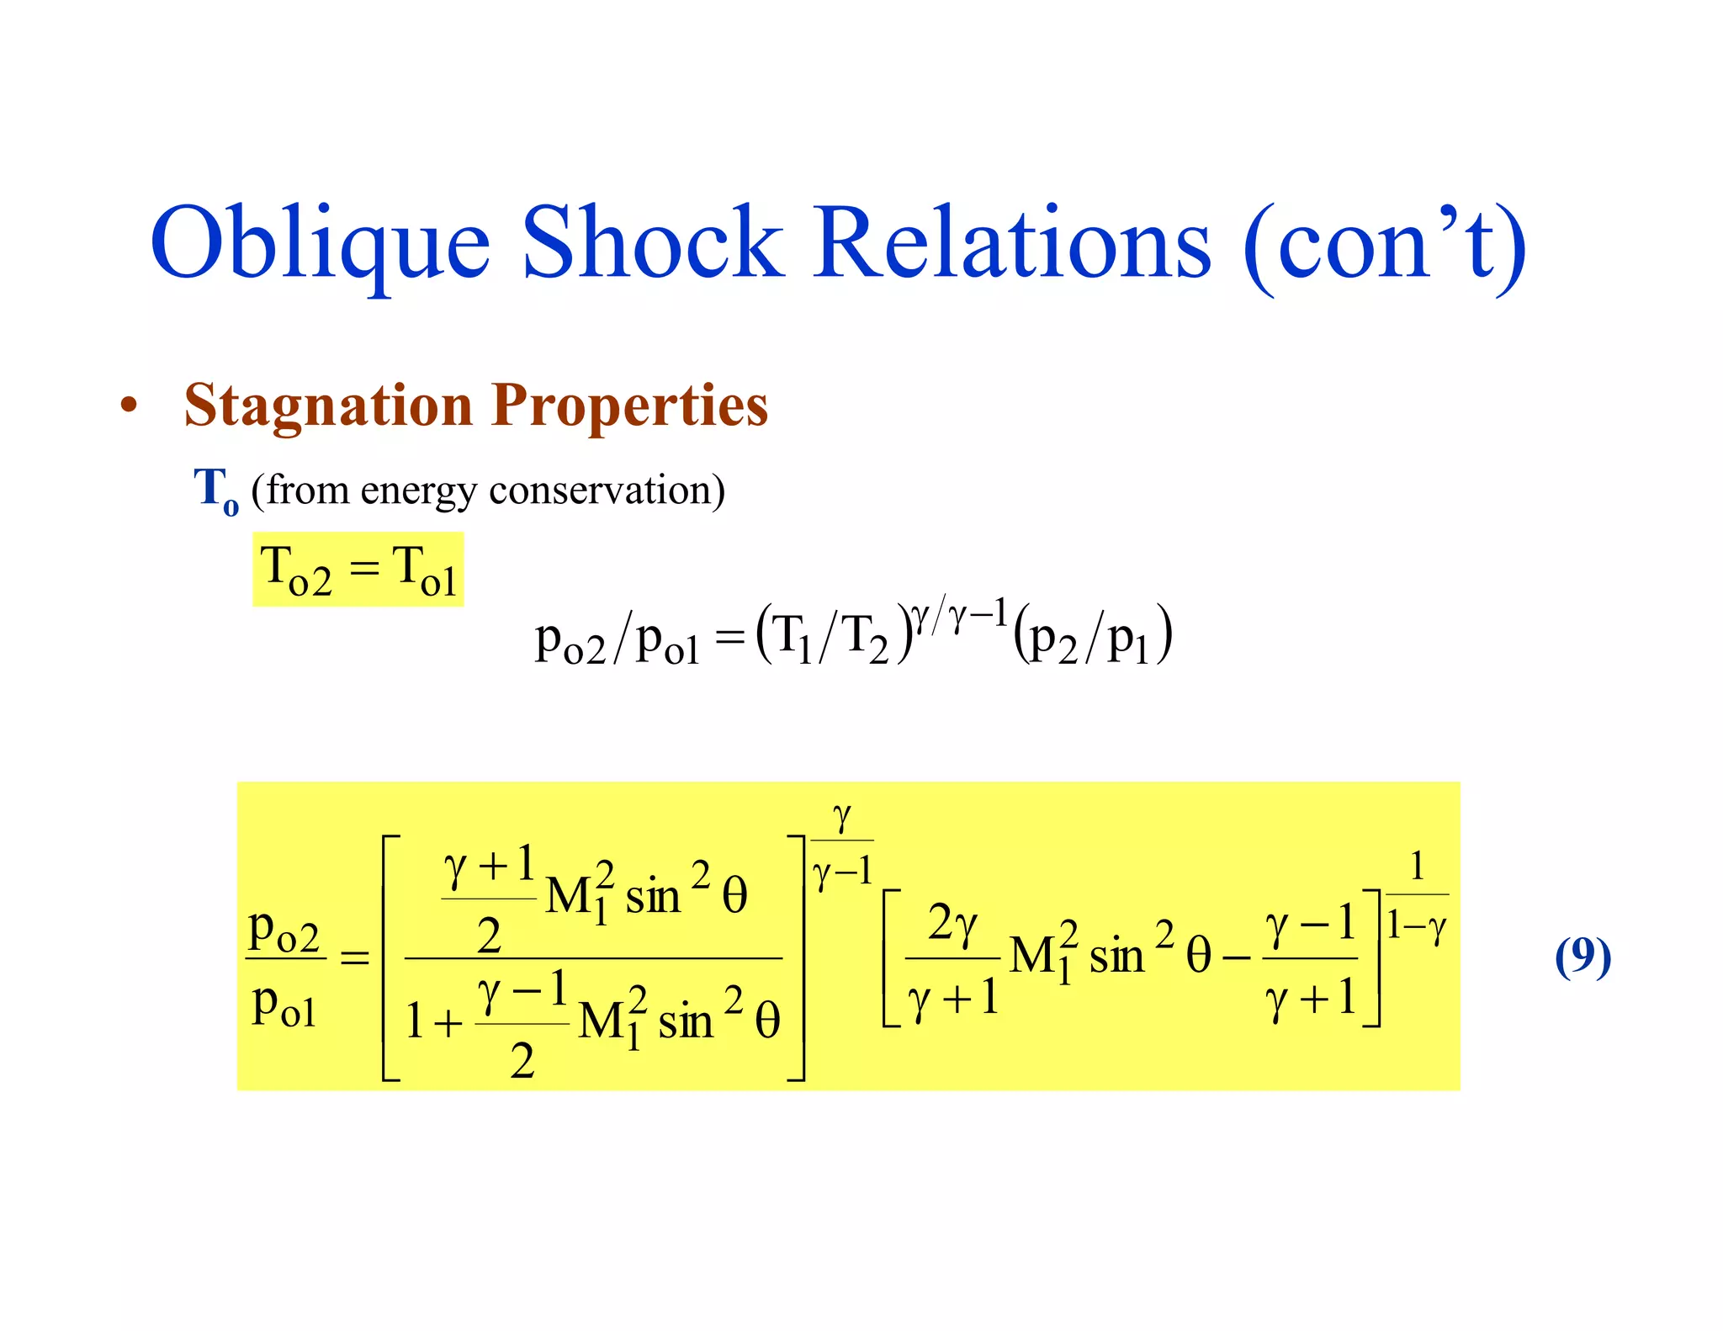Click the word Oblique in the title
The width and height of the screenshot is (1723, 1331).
[320, 244]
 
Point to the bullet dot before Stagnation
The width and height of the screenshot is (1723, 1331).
[128, 406]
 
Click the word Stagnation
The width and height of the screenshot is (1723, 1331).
[328, 406]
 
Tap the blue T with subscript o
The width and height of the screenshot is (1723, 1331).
[215, 490]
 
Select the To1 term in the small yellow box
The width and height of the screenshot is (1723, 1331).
[425, 570]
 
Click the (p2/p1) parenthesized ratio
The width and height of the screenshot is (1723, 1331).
[1092, 637]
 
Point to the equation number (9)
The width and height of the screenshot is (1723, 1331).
[1583, 957]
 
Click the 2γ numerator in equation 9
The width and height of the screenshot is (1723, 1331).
[952, 924]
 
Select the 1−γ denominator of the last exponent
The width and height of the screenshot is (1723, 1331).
[1417, 926]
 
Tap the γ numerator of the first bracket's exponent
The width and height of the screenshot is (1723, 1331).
[841, 817]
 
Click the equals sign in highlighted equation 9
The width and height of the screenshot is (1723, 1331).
[354, 957]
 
